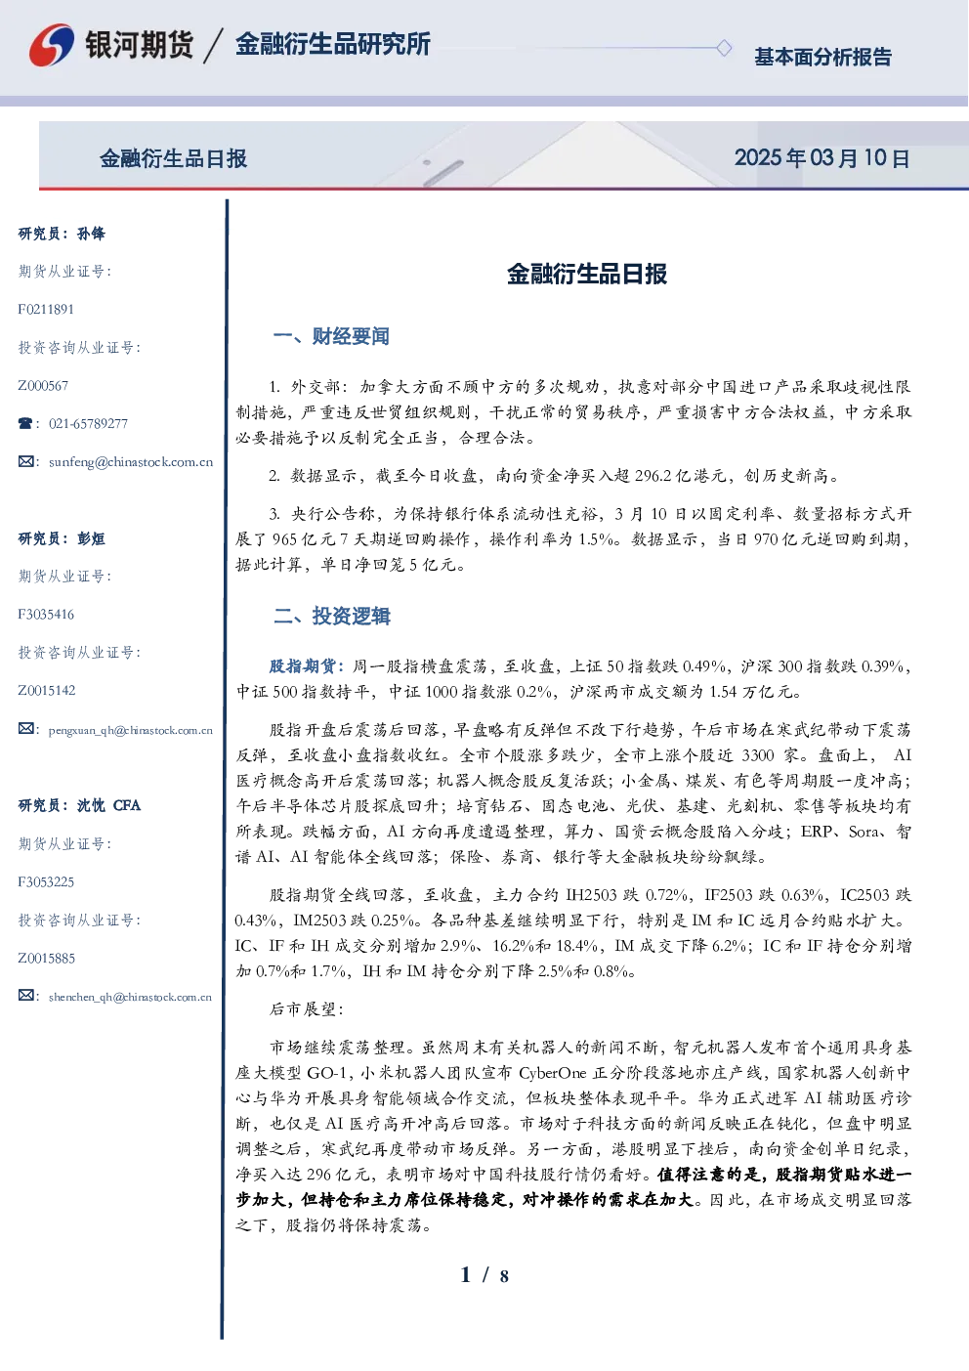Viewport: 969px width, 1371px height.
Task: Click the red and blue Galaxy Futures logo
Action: [52, 45]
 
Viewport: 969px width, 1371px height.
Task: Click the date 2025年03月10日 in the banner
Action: [822, 158]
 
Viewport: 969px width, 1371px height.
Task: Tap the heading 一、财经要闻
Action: [331, 336]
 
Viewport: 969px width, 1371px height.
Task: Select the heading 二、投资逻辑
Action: [331, 616]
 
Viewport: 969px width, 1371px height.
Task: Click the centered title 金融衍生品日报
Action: [587, 274]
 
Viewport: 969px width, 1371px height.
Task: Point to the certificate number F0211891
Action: [46, 309]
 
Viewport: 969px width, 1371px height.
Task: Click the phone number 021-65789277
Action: [89, 423]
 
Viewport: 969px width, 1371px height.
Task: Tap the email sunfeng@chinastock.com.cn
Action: [131, 462]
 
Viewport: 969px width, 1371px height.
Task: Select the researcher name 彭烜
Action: [91, 538]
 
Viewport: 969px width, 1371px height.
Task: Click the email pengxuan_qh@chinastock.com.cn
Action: [131, 730]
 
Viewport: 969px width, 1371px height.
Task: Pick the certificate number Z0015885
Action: [47, 959]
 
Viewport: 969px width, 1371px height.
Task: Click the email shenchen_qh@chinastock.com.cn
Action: [130, 997]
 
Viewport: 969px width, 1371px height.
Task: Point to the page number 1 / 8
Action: [484, 1275]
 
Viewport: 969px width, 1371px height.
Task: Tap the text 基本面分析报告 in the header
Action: [822, 57]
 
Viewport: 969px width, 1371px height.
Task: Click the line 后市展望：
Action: [307, 1008]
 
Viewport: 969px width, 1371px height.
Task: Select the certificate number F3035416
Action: [46, 615]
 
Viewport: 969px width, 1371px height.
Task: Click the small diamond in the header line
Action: [724, 48]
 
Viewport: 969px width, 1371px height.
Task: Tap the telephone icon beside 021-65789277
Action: [25, 423]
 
